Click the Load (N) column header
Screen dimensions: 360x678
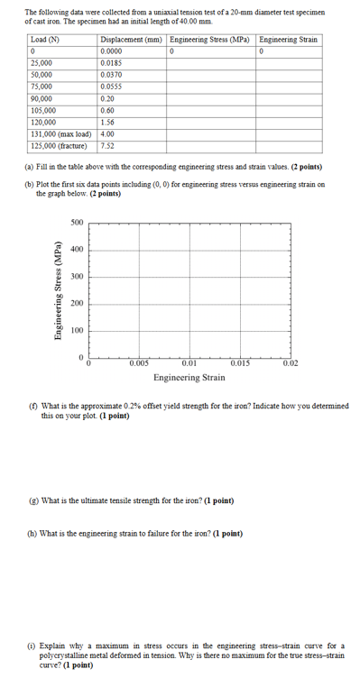pos(45,41)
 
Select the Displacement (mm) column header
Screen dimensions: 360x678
pos(132,41)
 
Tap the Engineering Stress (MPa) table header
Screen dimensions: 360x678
pos(211,41)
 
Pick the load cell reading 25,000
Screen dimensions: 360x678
pos(41,65)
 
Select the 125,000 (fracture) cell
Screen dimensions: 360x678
pos(59,144)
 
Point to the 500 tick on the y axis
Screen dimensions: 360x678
pos(78,222)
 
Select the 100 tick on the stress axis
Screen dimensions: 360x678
pos(78,332)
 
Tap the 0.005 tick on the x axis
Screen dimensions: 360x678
pos(139,363)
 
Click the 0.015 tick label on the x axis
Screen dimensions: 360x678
pos(240,363)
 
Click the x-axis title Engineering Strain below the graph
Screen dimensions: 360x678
pos(189,378)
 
